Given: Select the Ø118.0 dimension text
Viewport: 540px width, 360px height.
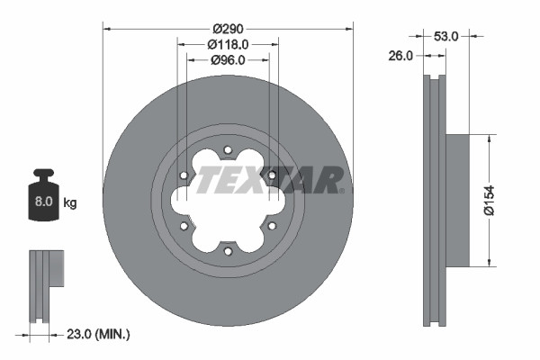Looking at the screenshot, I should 228,43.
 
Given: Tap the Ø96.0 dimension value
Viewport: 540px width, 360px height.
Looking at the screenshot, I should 228,60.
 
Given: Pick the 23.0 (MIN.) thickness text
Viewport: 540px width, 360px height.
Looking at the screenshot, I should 99,334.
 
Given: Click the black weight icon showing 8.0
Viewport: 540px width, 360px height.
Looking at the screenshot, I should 43,194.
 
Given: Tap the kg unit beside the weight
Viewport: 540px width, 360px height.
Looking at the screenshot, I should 70,202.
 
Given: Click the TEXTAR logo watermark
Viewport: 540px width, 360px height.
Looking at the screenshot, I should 269,179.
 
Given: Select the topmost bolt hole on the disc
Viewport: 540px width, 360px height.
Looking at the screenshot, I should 228,149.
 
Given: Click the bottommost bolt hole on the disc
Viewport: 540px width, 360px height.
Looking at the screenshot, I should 228,251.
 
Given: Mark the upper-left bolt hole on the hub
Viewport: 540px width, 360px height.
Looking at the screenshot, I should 184,175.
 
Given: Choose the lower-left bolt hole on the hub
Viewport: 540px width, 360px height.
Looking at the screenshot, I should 184,226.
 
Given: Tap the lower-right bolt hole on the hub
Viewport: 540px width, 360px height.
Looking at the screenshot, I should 272,226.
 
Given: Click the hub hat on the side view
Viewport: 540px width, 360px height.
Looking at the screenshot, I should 458,201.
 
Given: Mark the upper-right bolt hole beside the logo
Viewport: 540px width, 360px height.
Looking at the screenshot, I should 272,175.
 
